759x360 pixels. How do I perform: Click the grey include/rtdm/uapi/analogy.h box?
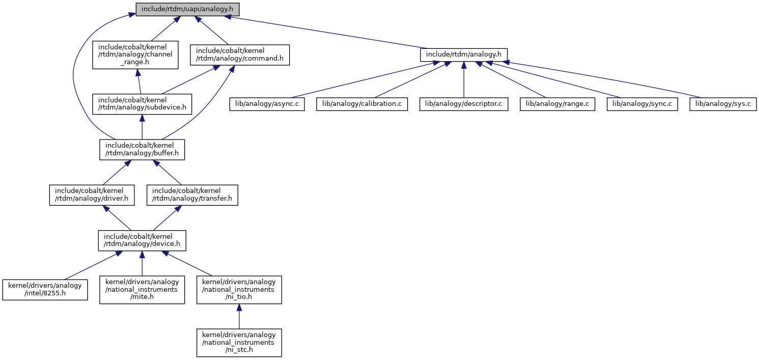187,9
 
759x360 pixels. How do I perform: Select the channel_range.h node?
135,55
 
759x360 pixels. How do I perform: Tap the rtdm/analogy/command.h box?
240,55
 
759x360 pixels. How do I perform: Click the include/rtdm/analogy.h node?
464,55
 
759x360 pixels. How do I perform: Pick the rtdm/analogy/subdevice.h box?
142,104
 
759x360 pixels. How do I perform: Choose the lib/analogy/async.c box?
267,104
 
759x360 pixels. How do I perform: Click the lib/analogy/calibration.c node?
362,104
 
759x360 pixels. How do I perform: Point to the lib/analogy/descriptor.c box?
464,104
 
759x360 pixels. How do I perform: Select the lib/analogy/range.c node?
557,104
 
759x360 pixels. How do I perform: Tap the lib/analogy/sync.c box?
642,104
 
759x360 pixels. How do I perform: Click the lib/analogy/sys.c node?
723,104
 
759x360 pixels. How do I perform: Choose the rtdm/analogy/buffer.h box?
142,150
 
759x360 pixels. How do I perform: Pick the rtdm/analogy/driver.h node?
92,195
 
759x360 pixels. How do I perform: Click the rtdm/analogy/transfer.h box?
192,195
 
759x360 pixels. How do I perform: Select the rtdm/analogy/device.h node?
142,241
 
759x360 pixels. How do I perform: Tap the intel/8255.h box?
45,290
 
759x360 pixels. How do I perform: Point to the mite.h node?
142,290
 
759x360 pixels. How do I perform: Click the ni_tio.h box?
239,290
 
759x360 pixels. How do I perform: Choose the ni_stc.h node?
239,343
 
